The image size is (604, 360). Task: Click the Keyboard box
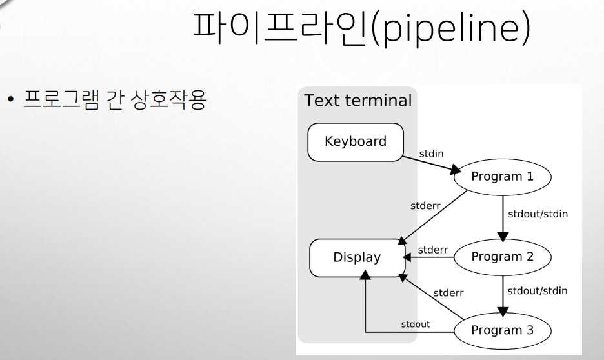[356, 141]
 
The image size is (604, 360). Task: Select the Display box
[357, 257]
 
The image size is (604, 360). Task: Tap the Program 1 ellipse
[503, 177]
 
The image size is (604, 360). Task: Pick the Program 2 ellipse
[503, 257]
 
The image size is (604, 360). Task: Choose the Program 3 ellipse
[503, 330]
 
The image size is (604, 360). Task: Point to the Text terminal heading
[358, 101]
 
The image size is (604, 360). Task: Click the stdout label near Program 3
[416, 324]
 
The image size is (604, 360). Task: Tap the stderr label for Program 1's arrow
[426, 206]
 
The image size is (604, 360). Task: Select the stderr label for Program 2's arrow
[433, 249]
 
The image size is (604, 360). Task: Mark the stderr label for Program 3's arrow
[448, 292]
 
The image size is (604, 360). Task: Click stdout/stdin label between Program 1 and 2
[538, 214]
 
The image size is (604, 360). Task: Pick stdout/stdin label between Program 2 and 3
[538, 290]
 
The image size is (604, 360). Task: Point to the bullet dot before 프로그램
[11, 101]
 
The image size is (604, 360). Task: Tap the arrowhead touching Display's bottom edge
[365, 275]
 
